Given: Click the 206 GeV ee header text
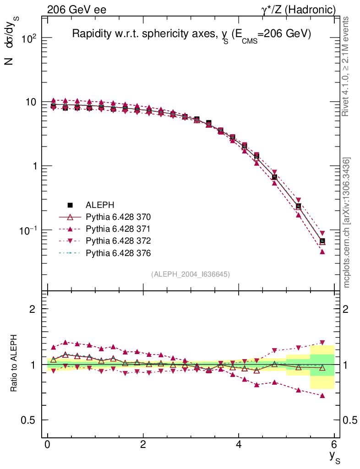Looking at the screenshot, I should (76, 10).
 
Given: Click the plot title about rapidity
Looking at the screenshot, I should (191, 35).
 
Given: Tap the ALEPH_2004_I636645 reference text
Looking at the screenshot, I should (191, 274).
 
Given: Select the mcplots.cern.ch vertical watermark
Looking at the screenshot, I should (347, 222).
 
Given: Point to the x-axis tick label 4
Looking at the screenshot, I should (239, 445).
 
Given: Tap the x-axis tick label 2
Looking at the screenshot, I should (143, 445).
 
